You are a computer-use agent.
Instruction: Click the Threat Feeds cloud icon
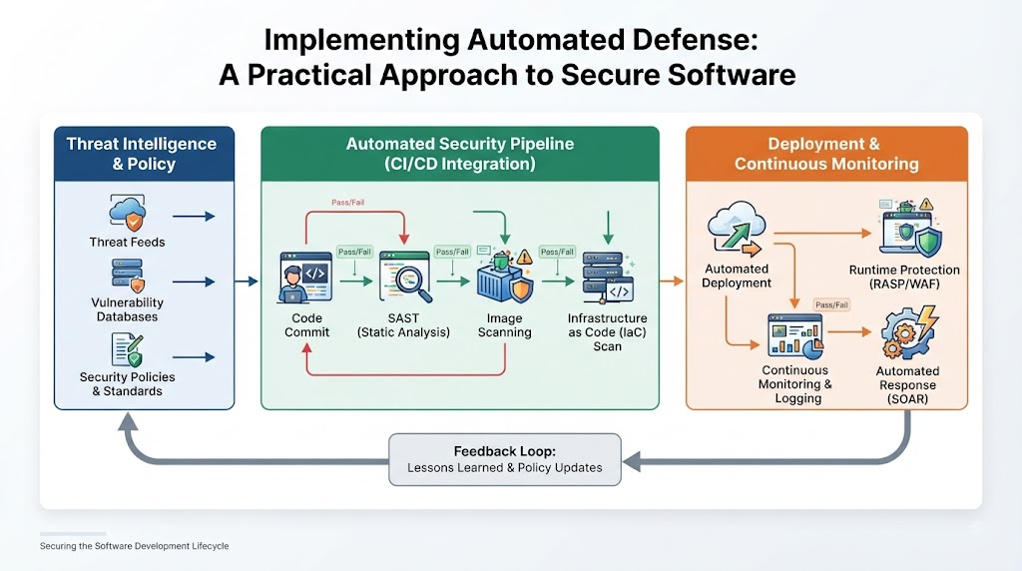(x=127, y=214)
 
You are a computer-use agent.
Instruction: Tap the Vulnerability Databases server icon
(x=128, y=276)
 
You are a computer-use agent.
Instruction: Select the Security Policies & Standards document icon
(x=127, y=350)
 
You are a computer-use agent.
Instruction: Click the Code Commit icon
(x=305, y=279)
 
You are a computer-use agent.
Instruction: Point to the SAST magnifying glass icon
(x=405, y=278)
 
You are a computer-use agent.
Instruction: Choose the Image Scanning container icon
(x=504, y=277)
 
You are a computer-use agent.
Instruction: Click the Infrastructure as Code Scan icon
(x=608, y=278)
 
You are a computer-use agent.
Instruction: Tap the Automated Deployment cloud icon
(x=736, y=228)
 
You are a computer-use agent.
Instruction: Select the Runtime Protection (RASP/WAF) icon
(x=910, y=227)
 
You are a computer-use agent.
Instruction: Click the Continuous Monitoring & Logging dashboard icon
(x=795, y=335)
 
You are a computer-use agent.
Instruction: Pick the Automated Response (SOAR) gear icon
(x=909, y=331)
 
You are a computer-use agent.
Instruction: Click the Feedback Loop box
(x=505, y=459)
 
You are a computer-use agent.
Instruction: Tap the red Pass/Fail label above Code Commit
(x=348, y=202)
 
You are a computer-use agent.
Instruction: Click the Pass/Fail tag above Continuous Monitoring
(x=831, y=304)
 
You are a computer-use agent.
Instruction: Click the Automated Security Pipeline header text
(x=460, y=154)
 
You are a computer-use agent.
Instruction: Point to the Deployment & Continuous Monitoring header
(x=826, y=154)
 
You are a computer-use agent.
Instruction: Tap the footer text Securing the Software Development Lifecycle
(x=135, y=546)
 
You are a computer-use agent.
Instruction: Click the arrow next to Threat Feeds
(x=194, y=217)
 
